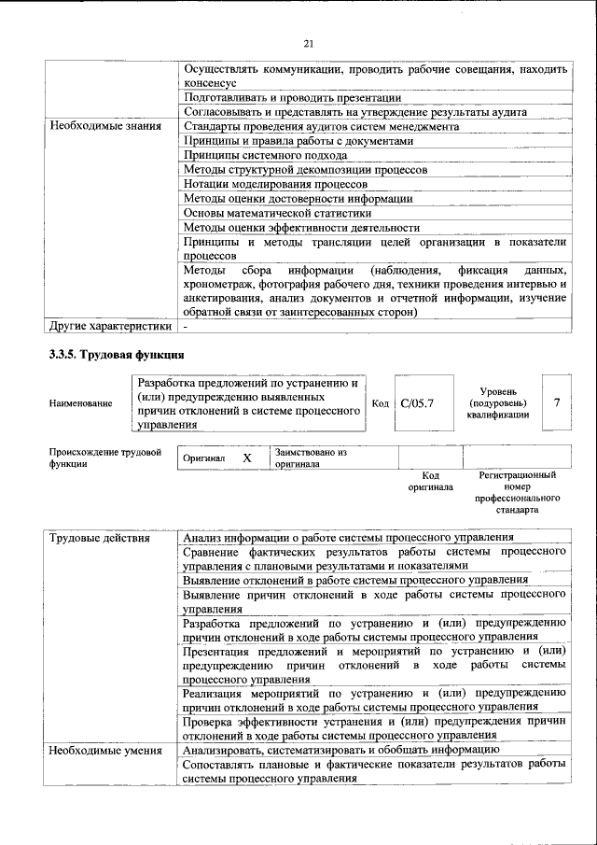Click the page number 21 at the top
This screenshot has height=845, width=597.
(x=311, y=43)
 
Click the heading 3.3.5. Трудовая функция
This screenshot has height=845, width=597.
(x=117, y=355)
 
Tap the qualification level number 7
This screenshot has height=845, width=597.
(x=557, y=402)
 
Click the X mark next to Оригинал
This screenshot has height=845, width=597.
(x=247, y=458)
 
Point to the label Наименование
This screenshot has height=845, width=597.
(x=81, y=403)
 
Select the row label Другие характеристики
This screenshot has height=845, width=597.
(x=111, y=327)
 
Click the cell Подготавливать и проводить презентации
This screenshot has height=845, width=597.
(x=292, y=97)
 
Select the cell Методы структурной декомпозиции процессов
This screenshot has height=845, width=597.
(x=305, y=170)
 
